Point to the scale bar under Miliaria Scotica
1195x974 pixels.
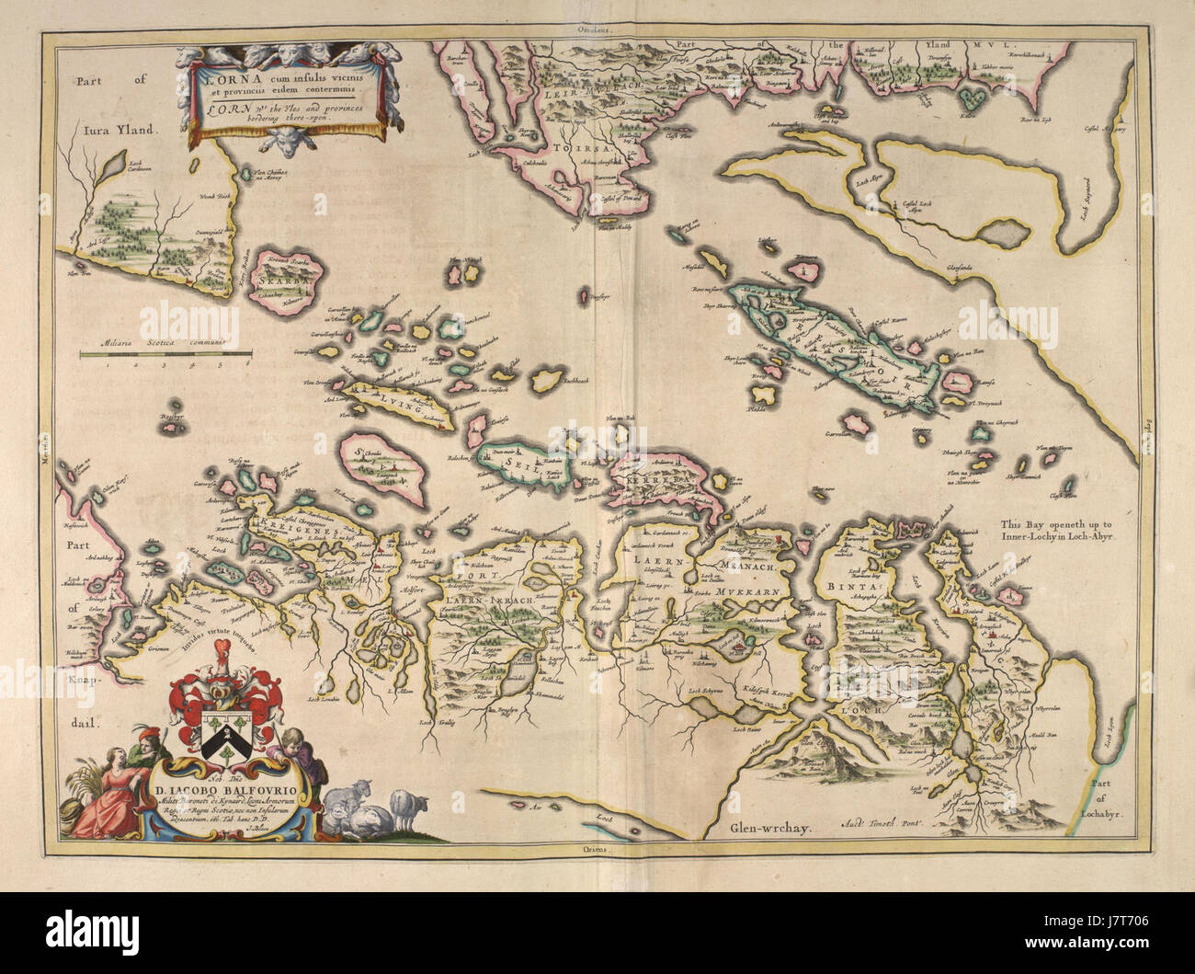click(165, 352)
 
